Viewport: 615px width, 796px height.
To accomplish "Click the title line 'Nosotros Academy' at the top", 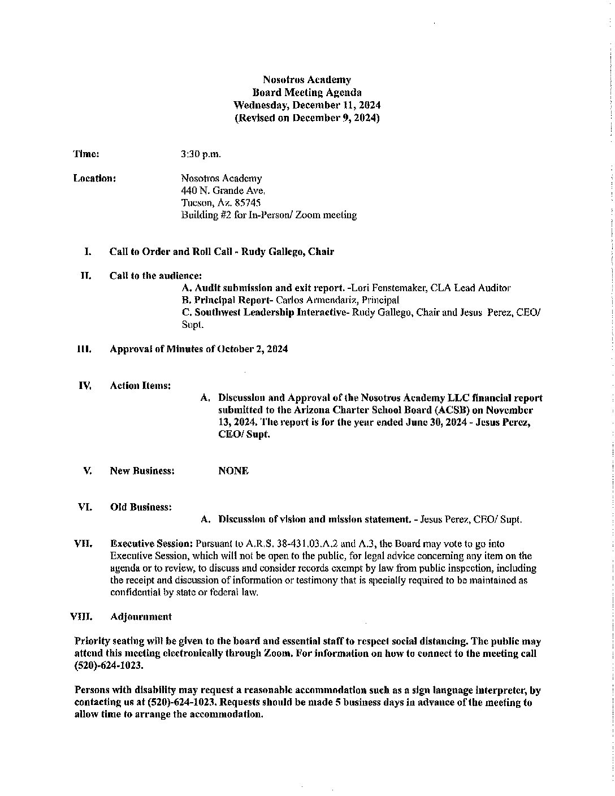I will click(307, 80).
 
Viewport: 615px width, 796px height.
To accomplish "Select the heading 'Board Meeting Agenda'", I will click(307, 92).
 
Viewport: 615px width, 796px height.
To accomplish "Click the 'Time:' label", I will click(86, 154).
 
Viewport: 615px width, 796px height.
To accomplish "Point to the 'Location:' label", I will click(94, 179).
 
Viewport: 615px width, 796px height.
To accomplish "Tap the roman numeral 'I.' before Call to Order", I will click(88, 252).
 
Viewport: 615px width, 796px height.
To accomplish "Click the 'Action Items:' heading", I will click(140, 386).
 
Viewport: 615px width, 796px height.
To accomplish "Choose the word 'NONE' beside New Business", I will click(233, 471).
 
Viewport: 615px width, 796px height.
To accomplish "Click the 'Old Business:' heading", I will click(141, 507).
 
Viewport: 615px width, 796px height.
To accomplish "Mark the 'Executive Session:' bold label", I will click(151, 544).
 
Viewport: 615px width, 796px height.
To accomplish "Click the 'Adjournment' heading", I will click(141, 616).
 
